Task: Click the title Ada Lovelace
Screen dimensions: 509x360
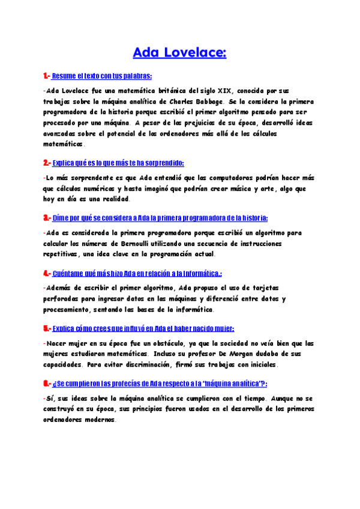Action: point(179,53)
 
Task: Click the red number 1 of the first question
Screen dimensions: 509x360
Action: point(45,76)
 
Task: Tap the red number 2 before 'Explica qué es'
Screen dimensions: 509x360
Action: point(46,163)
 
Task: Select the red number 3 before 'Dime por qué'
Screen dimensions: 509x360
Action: point(46,217)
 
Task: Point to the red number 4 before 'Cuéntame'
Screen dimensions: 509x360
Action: point(46,273)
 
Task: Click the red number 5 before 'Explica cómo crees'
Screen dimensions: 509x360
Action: point(46,328)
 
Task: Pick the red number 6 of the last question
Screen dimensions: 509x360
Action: point(46,383)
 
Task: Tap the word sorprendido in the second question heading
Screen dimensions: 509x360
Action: point(164,163)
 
